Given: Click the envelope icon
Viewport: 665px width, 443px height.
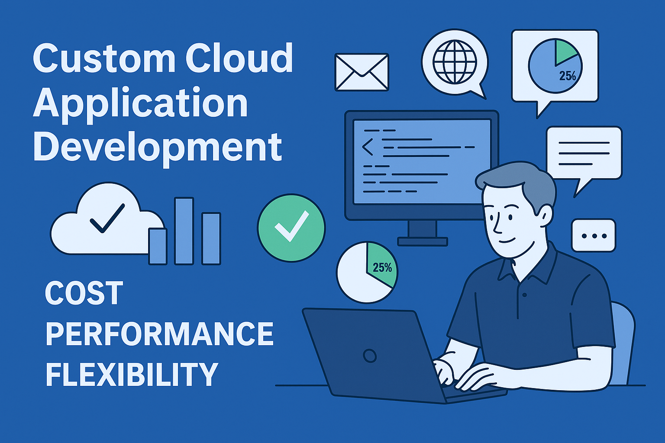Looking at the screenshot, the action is (x=362, y=72).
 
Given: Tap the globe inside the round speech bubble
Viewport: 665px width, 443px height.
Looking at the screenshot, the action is (x=455, y=62).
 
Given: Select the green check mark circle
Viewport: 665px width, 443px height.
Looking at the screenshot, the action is (x=291, y=228).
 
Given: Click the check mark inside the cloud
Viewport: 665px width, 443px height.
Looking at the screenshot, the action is (x=107, y=218).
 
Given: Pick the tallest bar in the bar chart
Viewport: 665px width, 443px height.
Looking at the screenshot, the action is (x=184, y=231).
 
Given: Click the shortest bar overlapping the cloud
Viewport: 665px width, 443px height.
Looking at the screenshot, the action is (x=158, y=246).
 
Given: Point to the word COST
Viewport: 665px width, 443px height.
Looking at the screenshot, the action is (x=84, y=293).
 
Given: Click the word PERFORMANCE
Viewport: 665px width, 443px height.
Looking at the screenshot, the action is (x=159, y=334).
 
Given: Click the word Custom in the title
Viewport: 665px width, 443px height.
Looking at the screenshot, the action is (x=104, y=58).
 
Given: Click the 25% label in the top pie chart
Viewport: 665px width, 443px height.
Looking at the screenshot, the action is (x=567, y=76).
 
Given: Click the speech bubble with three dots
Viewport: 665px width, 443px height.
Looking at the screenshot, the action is (x=594, y=236).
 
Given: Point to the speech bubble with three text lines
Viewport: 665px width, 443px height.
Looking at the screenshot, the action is (x=584, y=157).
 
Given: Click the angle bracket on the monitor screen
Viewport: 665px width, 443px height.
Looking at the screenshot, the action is (x=367, y=147).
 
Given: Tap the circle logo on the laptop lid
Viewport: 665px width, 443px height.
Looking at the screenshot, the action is (x=370, y=356).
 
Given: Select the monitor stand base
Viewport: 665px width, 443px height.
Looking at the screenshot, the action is (x=423, y=241).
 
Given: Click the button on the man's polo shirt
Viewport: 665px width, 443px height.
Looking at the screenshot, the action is (x=525, y=295).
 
